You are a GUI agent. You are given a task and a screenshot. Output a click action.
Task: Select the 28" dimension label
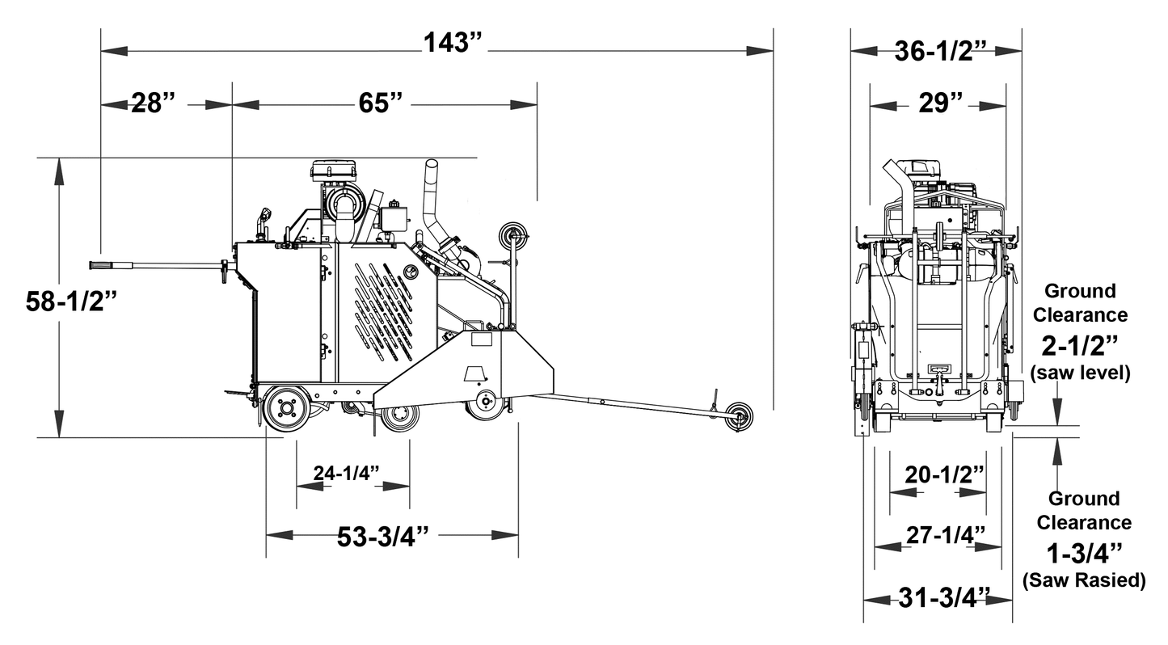(154, 104)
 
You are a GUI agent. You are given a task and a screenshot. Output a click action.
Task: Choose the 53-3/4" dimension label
(382, 537)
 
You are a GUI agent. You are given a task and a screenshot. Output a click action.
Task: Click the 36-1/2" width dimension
(941, 51)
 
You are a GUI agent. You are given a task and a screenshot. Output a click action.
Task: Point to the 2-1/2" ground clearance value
(1080, 346)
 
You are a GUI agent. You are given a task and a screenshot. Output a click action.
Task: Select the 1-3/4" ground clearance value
(1084, 554)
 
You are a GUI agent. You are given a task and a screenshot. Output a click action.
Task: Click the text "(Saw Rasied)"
(1084, 580)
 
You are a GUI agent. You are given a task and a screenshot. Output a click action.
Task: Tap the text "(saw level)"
(1080, 373)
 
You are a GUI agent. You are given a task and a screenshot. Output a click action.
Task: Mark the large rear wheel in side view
(287, 407)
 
